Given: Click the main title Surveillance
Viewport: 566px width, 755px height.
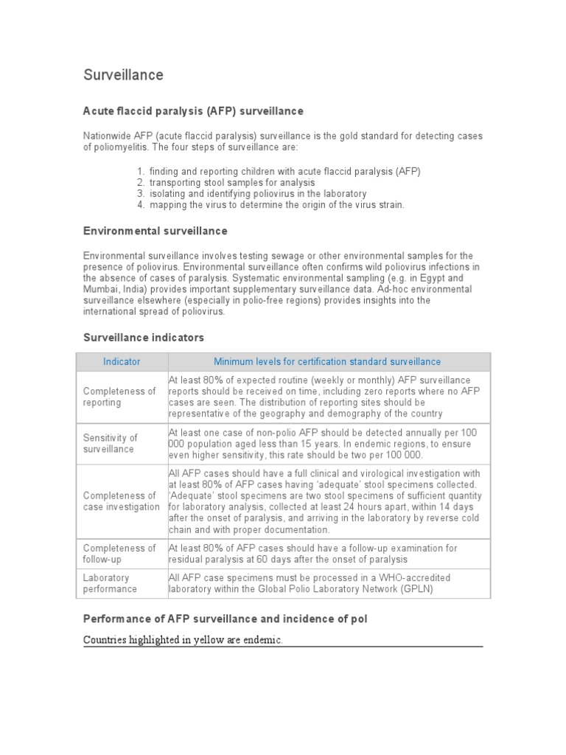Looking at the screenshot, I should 123,75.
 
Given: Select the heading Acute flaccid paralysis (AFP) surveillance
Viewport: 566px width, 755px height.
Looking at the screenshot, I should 193,111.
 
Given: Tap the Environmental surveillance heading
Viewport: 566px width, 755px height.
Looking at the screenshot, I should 155,231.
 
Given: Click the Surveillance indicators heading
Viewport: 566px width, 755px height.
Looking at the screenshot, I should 143,337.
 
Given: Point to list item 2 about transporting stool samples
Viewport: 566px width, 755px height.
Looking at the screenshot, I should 231,182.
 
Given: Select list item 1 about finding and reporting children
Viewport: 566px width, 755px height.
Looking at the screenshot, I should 284,171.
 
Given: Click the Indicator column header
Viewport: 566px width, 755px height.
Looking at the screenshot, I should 122,361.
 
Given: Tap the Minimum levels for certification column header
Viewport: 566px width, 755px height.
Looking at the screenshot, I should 327,361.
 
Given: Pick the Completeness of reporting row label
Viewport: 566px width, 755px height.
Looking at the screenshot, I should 119,397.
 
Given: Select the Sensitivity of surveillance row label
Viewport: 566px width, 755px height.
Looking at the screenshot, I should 111,443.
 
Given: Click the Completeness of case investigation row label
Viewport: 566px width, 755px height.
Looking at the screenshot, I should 121,501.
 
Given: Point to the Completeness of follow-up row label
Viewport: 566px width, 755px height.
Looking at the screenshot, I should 119,554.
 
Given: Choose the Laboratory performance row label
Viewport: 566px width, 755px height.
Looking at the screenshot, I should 110,583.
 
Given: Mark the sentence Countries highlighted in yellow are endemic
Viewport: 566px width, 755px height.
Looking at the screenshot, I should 183,641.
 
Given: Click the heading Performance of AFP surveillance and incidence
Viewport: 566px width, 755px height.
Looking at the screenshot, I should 225,619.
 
